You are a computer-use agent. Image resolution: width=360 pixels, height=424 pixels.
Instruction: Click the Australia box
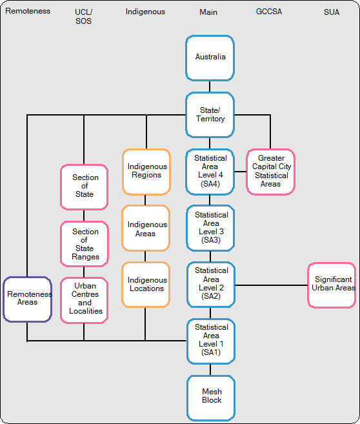(x=210, y=58)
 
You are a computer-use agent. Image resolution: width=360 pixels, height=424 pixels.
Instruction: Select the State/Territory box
(x=210, y=115)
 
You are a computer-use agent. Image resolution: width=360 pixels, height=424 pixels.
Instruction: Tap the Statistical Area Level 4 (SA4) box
(x=210, y=171)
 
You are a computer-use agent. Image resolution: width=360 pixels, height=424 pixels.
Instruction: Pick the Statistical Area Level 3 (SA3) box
(x=210, y=227)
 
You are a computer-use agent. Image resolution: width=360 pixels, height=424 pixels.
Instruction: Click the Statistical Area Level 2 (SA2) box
(x=210, y=283)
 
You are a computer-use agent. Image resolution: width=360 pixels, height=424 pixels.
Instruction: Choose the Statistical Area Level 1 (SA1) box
(x=210, y=339)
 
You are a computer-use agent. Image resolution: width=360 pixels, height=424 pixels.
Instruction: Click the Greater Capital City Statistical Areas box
(x=270, y=172)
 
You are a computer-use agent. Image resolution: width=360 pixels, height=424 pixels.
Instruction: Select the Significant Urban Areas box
(x=332, y=284)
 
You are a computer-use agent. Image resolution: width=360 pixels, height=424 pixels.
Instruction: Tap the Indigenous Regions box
(x=146, y=171)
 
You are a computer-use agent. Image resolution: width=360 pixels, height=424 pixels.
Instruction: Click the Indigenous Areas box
(x=146, y=228)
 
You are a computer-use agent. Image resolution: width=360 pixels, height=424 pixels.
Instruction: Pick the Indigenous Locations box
(x=146, y=284)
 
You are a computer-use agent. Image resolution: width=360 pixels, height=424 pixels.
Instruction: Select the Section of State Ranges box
(x=84, y=243)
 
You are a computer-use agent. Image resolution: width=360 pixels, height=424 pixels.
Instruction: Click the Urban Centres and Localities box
(x=84, y=299)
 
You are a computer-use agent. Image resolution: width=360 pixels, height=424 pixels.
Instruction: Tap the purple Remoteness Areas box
(x=27, y=299)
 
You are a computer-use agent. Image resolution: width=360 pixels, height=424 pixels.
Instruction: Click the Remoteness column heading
(x=28, y=12)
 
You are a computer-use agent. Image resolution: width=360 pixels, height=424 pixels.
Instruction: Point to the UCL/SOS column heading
(x=83, y=16)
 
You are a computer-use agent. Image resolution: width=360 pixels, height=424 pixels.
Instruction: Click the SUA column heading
(x=331, y=12)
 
